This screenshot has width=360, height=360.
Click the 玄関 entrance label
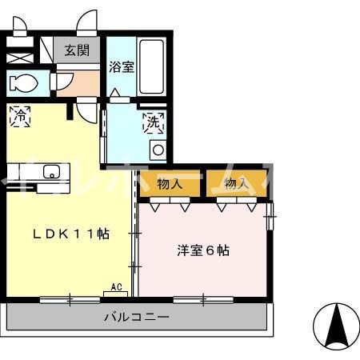77,50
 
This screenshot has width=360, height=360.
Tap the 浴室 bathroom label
122,66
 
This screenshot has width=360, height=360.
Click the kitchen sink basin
51,171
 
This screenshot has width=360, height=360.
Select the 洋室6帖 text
203,250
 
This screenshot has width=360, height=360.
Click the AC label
115,286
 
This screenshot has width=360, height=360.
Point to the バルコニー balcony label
136,317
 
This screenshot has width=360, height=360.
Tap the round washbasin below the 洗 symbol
158,150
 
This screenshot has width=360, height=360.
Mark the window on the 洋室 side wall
272,212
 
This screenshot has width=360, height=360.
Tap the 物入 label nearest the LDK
170,184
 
